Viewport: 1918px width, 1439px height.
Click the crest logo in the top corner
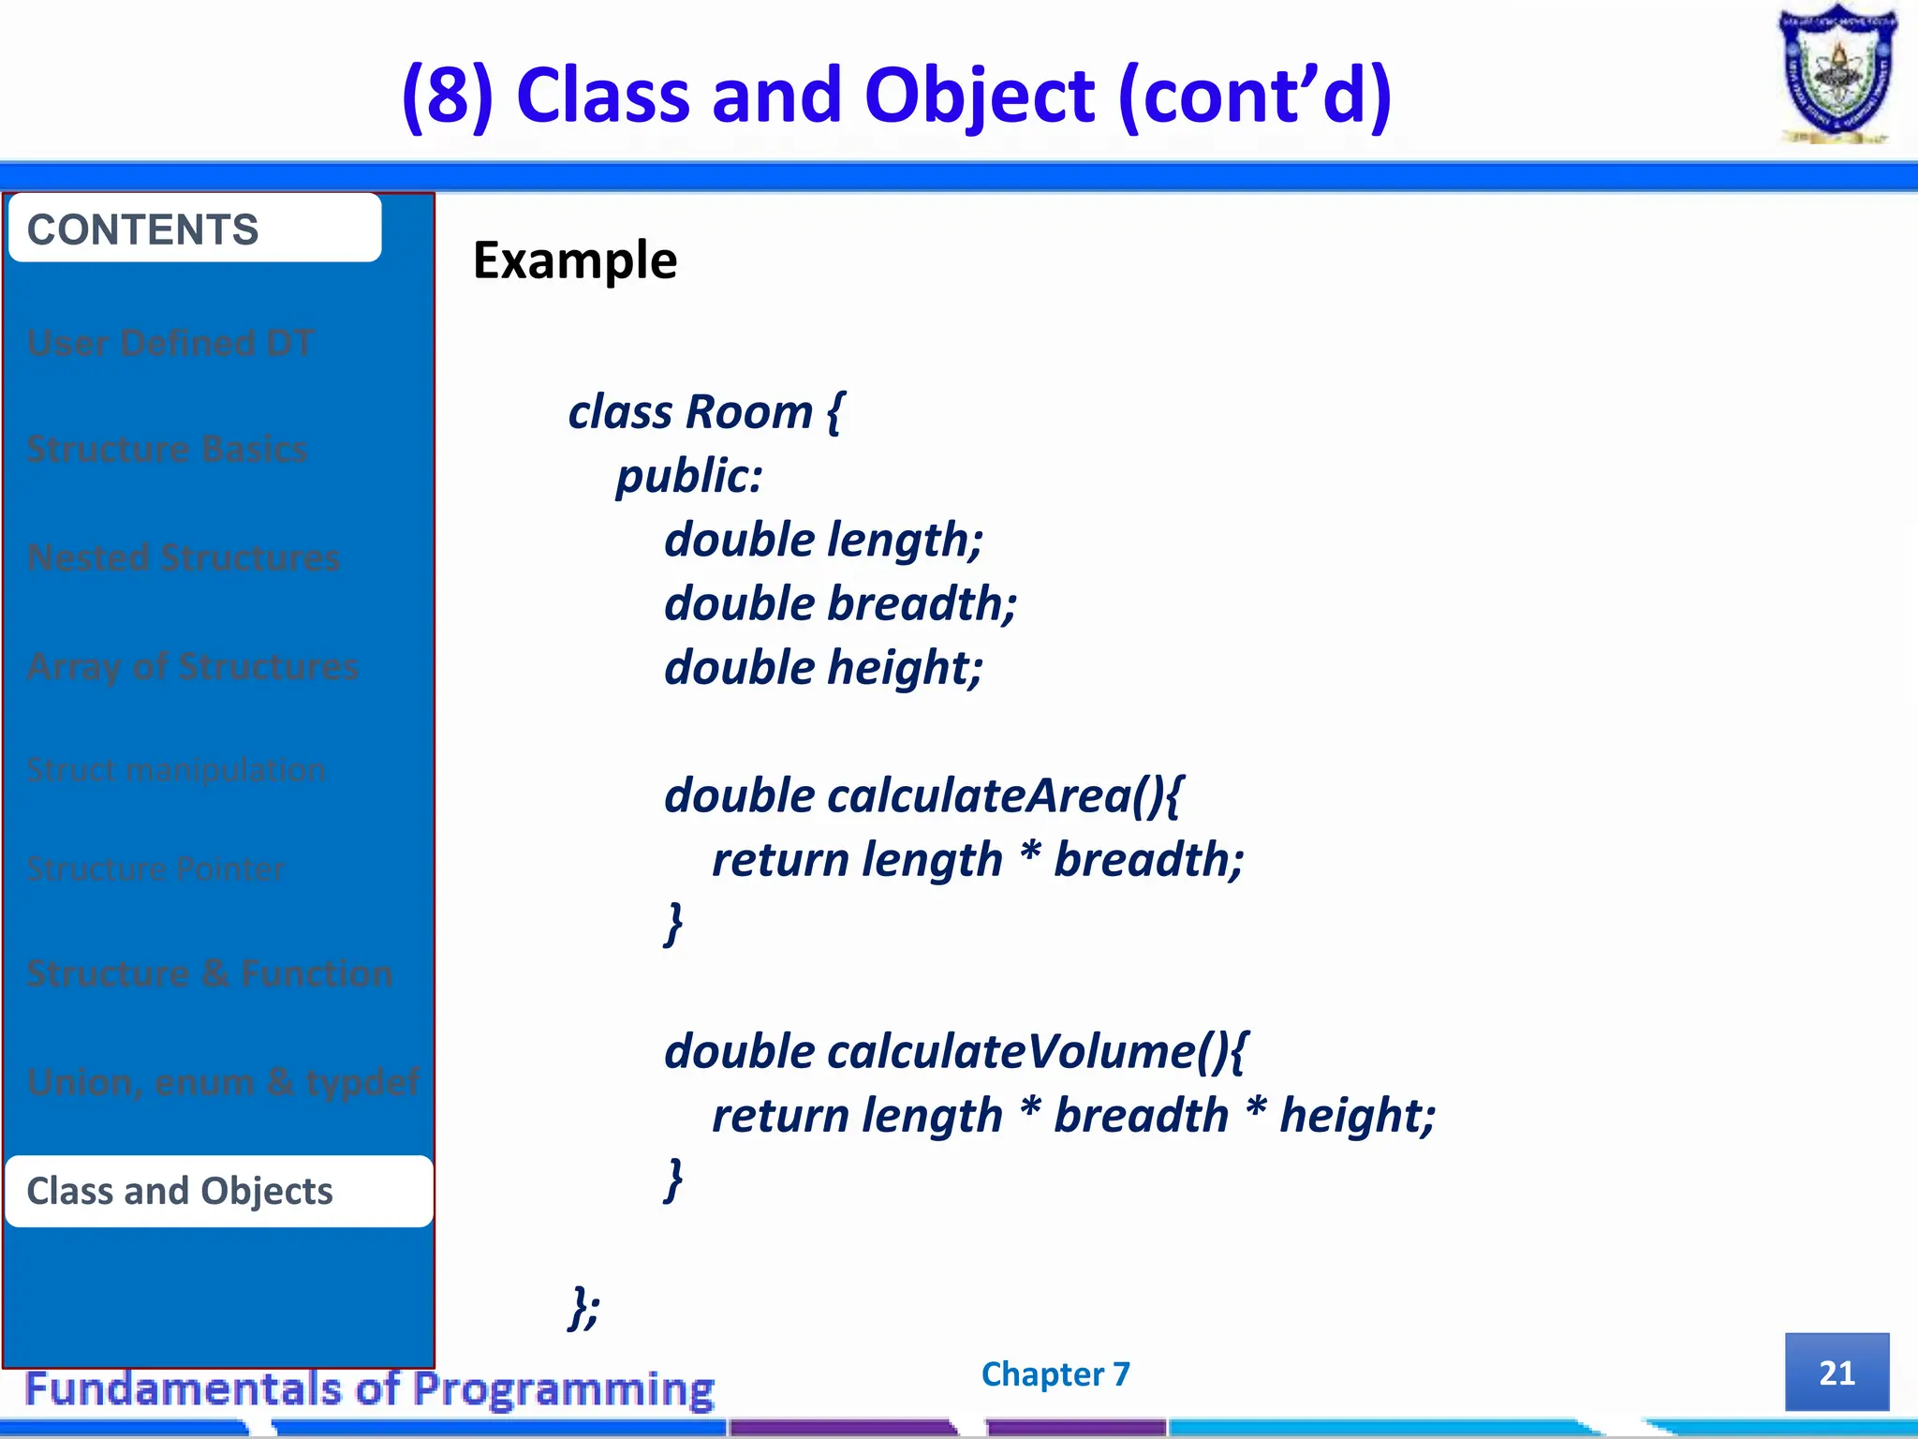(1837, 75)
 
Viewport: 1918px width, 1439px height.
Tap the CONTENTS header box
(195, 229)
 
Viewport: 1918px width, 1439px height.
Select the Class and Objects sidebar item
(219, 1191)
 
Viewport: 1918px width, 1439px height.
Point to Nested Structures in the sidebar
(184, 557)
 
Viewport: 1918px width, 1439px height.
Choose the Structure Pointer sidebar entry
(155, 869)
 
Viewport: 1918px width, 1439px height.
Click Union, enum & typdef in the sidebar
(223, 1082)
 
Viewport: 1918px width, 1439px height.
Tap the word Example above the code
(574, 260)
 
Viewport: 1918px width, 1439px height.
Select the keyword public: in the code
(689, 476)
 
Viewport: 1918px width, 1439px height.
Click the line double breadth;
(840, 603)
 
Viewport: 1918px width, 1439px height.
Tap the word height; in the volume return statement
(1357, 1116)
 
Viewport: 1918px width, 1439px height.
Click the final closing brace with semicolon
(584, 1307)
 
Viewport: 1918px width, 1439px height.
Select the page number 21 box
(1837, 1372)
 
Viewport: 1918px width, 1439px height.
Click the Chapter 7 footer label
(1055, 1374)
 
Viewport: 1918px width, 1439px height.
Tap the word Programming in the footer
(564, 1389)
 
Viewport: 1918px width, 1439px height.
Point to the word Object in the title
(979, 96)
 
